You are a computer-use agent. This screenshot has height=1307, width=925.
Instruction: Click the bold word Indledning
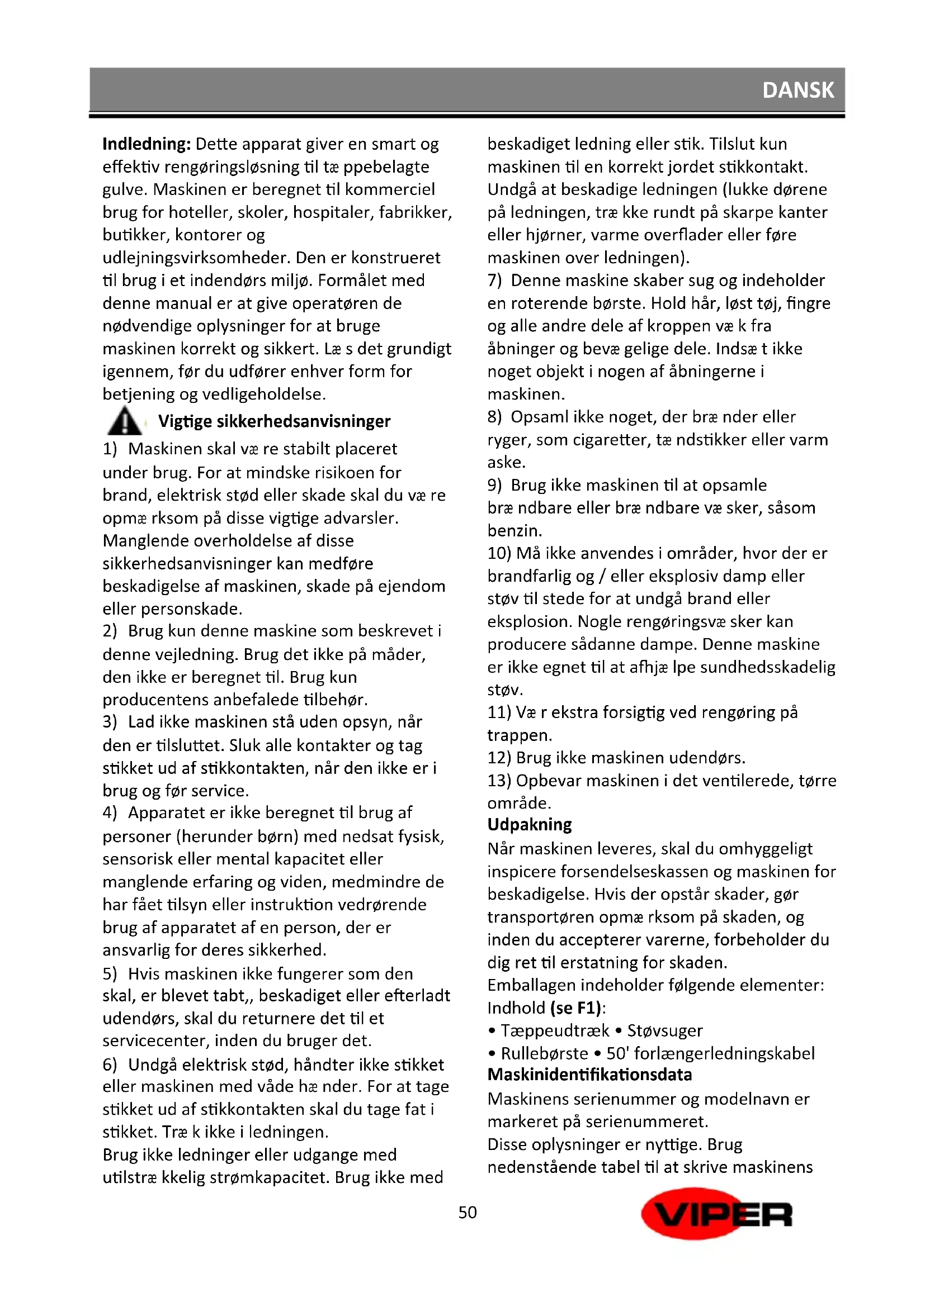(146, 144)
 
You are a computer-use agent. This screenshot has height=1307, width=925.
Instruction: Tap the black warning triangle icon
(124, 421)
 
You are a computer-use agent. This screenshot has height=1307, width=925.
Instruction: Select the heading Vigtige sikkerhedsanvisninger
(274, 421)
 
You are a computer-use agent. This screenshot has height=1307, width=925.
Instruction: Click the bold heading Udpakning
(529, 824)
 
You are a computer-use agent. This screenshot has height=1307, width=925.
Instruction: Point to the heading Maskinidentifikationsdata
(589, 1075)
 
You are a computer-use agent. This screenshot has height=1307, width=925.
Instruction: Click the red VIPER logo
(716, 1214)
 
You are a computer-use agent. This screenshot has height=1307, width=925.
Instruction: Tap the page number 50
(467, 1213)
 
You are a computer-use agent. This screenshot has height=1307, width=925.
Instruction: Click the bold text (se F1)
(575, 1007)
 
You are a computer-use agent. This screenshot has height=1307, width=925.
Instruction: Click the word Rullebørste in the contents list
(544, 1053)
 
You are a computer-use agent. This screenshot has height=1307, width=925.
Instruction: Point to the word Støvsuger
(665, 1030)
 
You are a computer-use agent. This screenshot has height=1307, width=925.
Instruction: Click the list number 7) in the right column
(494, 280)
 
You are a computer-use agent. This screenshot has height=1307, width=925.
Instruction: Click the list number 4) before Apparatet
(110, 812)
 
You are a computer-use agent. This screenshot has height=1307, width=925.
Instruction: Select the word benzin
(515, 530)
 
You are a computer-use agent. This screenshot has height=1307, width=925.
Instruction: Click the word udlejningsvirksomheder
(196, 258)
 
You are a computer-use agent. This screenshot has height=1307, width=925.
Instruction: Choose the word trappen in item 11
(518, 735)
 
